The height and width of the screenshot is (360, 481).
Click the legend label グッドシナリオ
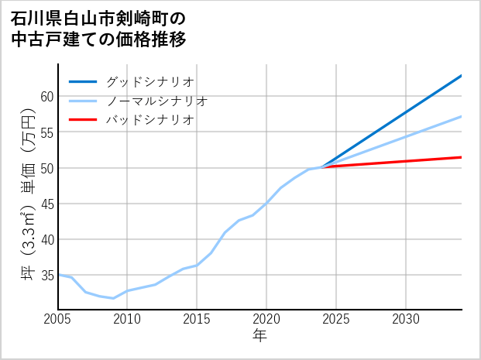coord(149,81)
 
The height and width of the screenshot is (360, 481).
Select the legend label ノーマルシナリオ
coord(156,101)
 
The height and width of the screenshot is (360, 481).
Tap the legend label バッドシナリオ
coord(149,120)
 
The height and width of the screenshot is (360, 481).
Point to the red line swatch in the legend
coord(83,120)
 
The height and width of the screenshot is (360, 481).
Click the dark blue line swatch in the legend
coord(83,81)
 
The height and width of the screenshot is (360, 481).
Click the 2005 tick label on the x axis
coord(58,319)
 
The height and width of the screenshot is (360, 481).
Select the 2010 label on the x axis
coord(127,319)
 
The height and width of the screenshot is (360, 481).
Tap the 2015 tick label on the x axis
coord(197,319)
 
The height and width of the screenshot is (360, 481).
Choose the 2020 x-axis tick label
coord(266,319)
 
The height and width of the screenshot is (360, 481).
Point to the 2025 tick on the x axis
coord(336,319)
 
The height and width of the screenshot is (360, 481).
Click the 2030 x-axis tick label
coord(406,319)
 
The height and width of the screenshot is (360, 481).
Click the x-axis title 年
coord(259,336)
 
